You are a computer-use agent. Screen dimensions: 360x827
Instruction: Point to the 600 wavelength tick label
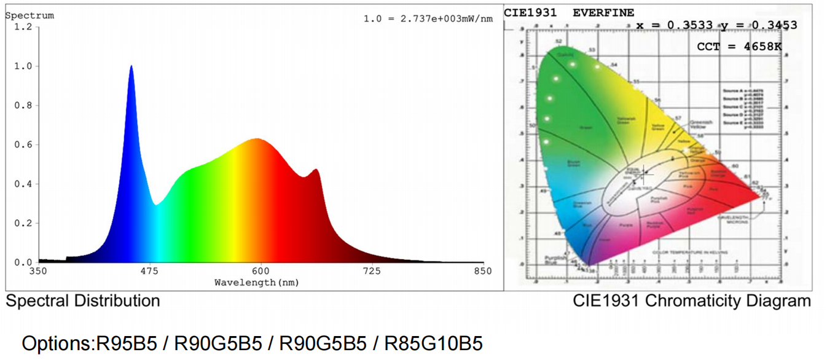point(261,272)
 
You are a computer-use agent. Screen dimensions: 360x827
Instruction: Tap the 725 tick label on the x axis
point(372,272)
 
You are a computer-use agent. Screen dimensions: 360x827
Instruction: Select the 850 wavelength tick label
point(482,272)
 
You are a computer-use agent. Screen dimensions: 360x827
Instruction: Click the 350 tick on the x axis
point(38,272)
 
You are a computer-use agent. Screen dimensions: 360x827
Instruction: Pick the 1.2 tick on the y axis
point(23,27)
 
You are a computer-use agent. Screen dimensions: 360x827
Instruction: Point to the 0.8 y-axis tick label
point(23,106)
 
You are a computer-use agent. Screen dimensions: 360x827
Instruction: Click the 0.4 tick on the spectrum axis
point(23,184)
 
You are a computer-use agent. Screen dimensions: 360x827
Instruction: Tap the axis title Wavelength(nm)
point(257,283)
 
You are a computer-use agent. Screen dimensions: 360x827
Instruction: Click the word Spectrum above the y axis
point(29,15)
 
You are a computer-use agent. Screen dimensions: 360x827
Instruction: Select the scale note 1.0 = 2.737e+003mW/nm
point(428,18)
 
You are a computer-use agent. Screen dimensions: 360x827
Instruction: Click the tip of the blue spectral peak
point(131,66)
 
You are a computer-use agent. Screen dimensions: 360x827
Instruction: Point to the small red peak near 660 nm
point(316,170)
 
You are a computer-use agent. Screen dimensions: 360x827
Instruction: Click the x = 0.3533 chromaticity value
point(674,25)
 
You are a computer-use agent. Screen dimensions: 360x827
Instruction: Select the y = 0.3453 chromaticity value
point(759,25)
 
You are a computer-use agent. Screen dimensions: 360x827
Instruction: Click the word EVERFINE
point(603,13)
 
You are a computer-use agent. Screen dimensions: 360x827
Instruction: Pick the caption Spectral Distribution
point(83,301)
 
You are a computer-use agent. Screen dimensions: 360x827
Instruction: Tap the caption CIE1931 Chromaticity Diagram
point(692,301)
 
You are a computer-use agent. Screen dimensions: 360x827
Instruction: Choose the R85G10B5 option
point(433,343)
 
